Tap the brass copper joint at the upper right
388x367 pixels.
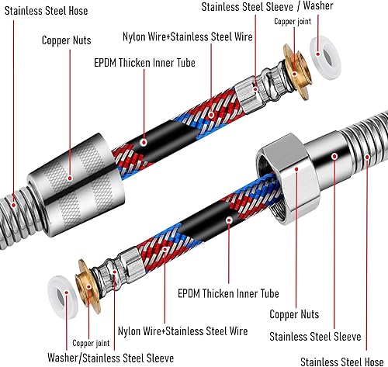(296, 72)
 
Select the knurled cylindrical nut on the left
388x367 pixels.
(76, 185)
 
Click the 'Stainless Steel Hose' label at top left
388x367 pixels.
(47, 11)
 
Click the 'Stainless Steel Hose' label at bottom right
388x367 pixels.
(342, 362)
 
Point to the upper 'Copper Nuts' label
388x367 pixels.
(67, 40)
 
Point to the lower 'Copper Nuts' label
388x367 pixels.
(294, 314)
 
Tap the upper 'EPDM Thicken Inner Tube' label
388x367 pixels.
(144, 63)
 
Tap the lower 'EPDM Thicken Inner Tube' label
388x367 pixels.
(228, 293)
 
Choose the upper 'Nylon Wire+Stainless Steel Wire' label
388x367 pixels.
(188, 36)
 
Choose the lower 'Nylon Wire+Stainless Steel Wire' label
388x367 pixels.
(183, 331)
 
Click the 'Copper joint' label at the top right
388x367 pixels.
(293, 22)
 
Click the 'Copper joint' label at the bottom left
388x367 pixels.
(91, 343)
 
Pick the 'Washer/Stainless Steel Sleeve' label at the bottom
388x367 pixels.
(111, 358)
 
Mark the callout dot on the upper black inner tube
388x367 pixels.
(144, 142)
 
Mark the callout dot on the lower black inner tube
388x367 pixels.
(229, 220)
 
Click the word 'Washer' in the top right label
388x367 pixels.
(318, 5)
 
